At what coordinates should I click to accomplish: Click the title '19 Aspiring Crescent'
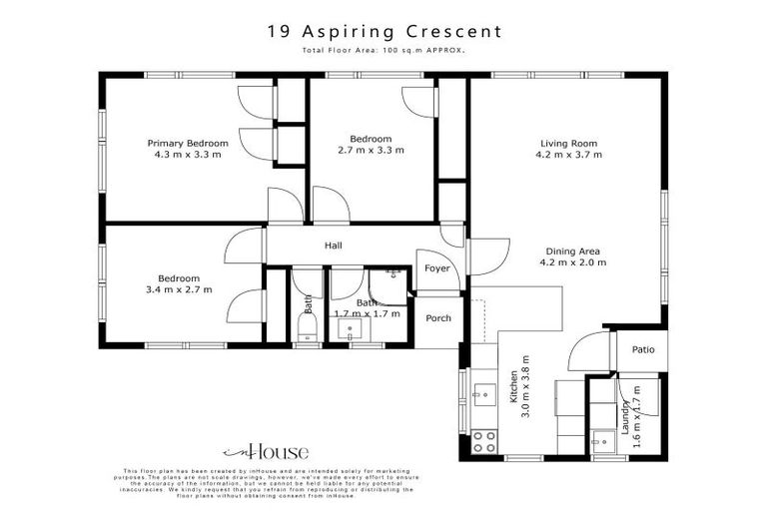384,31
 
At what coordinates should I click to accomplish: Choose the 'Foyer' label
436,268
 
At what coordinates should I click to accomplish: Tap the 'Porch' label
438,318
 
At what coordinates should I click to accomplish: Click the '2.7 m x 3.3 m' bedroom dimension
371,151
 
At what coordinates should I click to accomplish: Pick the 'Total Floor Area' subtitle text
384,50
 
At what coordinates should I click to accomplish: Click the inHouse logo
265,452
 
